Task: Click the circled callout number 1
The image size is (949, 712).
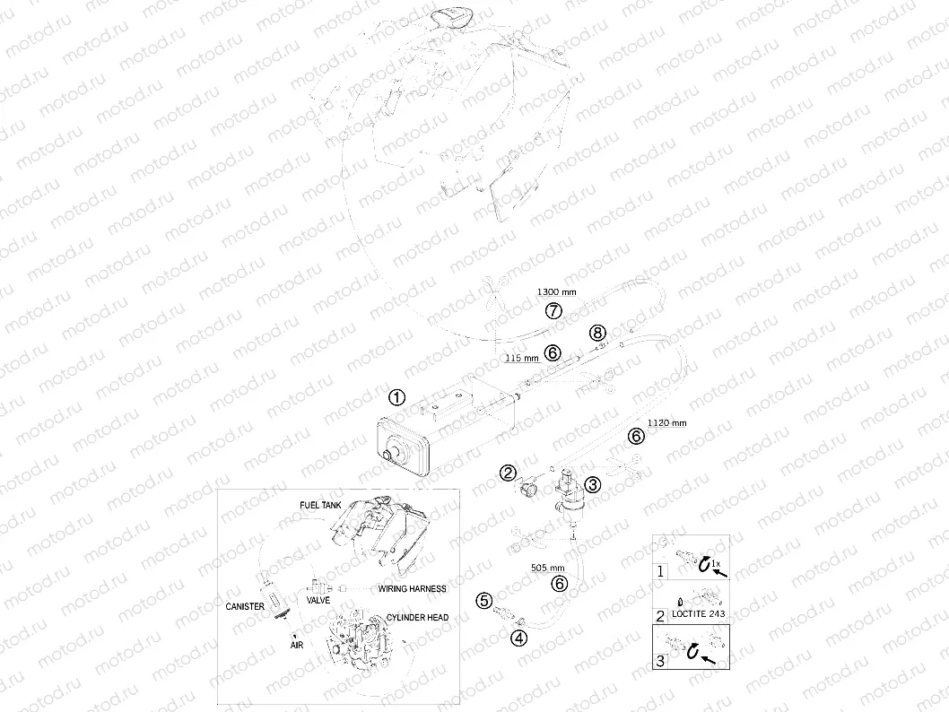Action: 396,397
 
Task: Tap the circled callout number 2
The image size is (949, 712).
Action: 508,473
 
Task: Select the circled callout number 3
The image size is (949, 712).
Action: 592,484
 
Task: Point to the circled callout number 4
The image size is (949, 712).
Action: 518,637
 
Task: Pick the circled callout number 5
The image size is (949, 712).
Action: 484,601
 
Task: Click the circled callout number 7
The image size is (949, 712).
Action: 553,311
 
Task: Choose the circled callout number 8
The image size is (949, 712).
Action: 597,332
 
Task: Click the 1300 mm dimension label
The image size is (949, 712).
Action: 557,292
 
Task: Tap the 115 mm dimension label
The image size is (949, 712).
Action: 522,358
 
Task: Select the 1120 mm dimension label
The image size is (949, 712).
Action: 667,423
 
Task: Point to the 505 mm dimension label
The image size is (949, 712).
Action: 548,568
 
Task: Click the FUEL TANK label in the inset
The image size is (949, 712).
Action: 321,505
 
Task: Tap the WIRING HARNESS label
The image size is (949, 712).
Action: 413,588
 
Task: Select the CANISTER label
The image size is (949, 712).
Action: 245,606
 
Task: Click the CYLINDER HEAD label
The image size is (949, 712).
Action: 418,618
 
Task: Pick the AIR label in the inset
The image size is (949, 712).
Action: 297,646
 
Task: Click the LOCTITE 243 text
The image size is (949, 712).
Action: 699,613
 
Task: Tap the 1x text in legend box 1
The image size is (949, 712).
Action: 716,563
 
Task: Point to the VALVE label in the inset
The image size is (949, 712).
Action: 318,600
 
